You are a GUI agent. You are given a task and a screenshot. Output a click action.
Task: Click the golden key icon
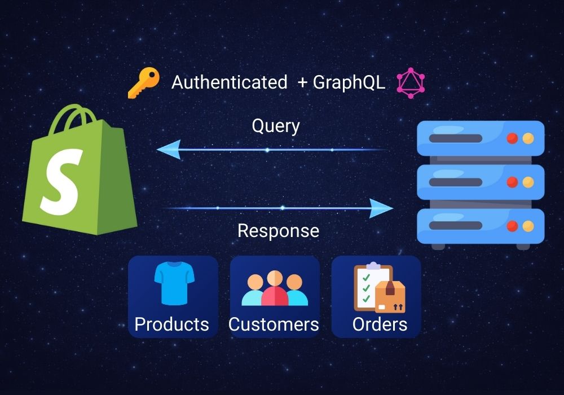[x=143, y=84]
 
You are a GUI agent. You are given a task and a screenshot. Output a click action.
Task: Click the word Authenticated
[x=229, y=82]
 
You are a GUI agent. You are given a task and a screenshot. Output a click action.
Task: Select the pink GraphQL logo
[x=411, y=84]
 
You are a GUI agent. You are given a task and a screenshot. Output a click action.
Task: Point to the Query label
[x=275, y=125]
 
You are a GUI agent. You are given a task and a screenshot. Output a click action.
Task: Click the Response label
[x=278, y=230]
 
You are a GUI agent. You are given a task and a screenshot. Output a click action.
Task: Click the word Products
[x=171, y=324]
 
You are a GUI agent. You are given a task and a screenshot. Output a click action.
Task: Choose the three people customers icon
[x=275, y=288]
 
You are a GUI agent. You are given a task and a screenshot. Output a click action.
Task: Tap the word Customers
[x=274, y=324]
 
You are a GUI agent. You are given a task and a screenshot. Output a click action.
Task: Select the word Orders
[x=380, y=324]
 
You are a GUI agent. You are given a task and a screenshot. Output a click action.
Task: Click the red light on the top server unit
[x=512, y=138]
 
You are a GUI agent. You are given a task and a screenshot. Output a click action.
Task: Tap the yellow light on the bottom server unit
[x=528, y=226]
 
